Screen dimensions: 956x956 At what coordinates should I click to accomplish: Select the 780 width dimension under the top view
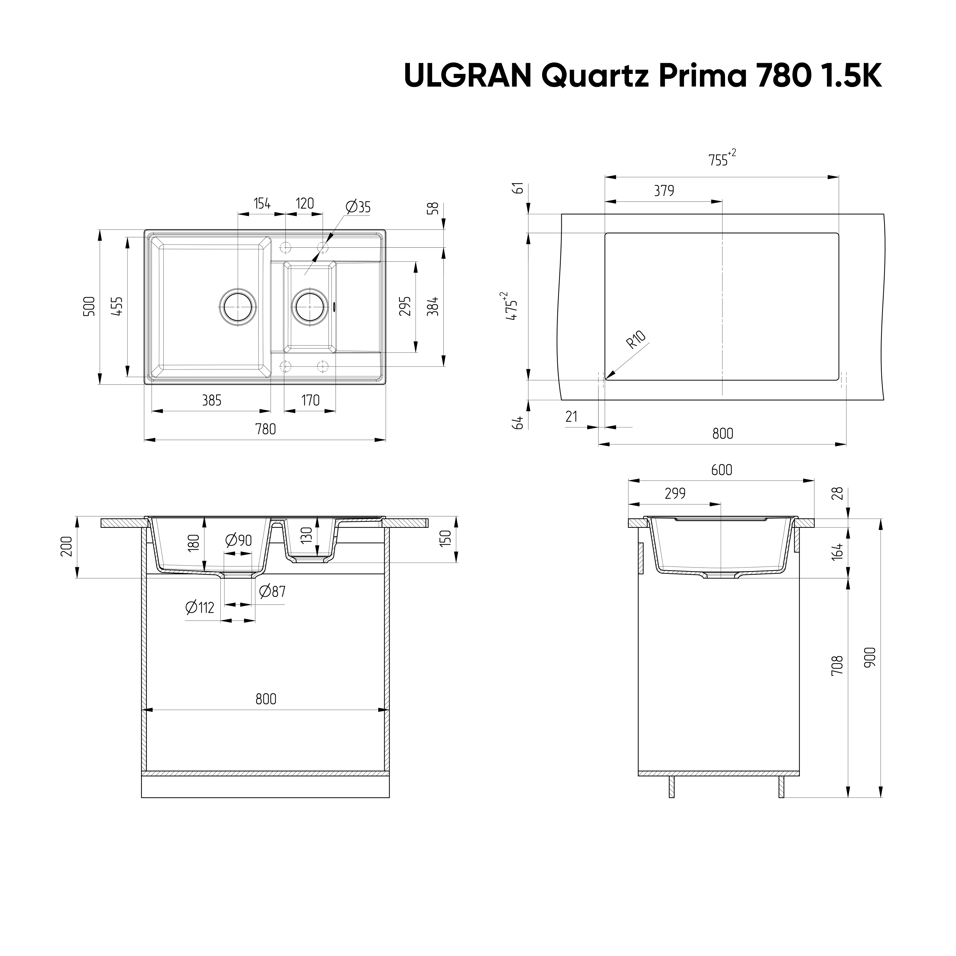point(266,429)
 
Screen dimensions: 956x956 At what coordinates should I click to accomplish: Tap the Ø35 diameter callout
point(358,207)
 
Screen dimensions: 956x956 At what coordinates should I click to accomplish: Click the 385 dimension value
point(212,400)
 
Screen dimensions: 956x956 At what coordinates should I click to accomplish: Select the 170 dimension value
point(310,400)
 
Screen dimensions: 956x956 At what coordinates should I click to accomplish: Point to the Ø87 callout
point(273,591)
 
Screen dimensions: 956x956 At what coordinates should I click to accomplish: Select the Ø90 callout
point(239,540)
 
